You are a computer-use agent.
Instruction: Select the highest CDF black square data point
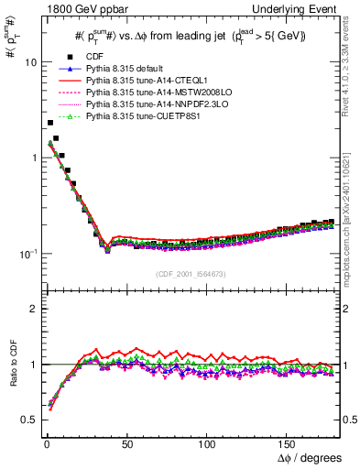click(x=49, y=122)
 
